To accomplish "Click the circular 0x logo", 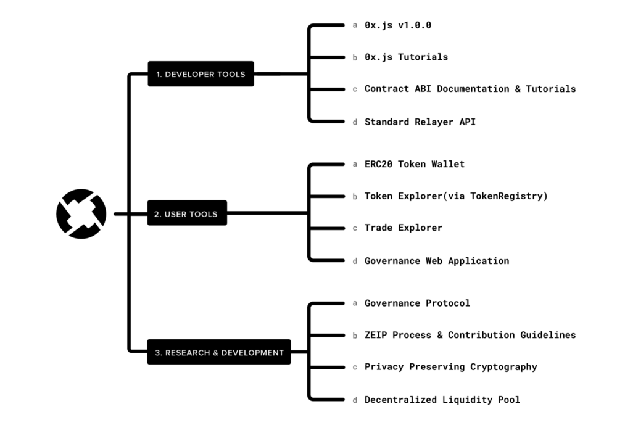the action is (81, 213).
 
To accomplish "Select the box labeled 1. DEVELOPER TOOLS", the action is (201, 74).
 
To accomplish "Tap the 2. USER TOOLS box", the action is (187, 213).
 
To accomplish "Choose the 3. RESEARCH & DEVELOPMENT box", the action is (219, 352).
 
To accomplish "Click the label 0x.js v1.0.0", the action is (398, 25).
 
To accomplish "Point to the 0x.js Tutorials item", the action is (406, 57).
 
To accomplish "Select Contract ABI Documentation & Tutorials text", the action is (470, 89).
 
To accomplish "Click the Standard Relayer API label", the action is (420, 122).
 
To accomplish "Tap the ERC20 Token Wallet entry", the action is (415, 164).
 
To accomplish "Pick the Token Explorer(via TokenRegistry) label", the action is (456, 196).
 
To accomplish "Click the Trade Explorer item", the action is (404, 228).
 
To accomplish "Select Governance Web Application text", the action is (437, 261).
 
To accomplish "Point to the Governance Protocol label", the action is (417, 303).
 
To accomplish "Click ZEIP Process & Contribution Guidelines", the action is (470, 335).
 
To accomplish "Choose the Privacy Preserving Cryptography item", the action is (451, 367).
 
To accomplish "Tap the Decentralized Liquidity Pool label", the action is (442, 400).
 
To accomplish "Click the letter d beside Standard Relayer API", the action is (355, 122).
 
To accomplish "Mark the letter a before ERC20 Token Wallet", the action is (355, 164).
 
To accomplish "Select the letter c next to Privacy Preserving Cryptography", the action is (355, 368).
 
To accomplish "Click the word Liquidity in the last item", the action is (467, 400).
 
